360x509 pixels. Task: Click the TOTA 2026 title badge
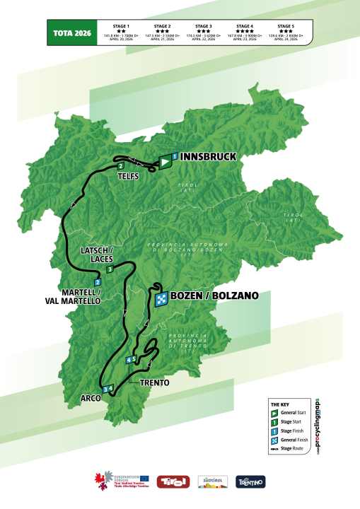pos(71,33)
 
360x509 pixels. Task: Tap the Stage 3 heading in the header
pos(204,24)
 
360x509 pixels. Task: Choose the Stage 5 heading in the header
pos(287,24)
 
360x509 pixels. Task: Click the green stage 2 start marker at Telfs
pos(122,167)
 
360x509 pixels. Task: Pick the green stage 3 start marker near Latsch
pos(70,269)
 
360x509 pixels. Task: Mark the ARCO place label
pos(91,398)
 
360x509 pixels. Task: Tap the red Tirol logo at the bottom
pos(173,482)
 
